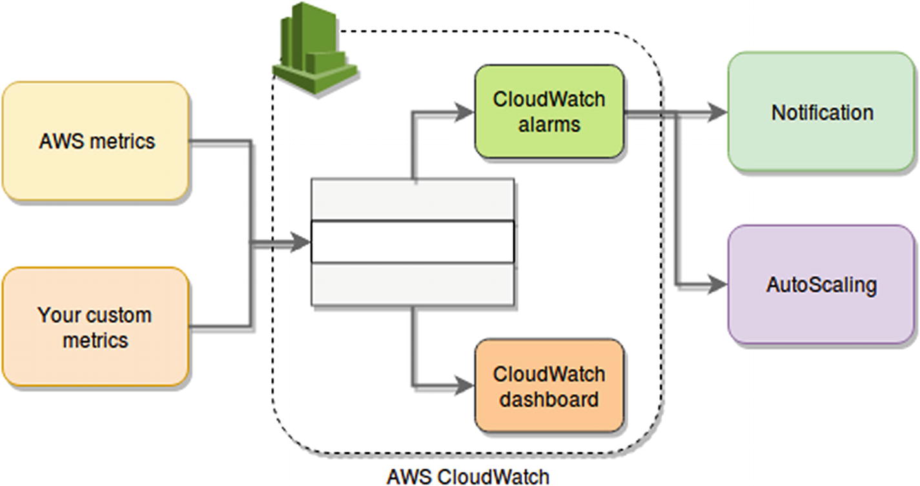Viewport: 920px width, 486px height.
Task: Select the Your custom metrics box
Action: (96, 327)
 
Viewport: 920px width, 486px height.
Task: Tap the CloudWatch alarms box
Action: (549, 111)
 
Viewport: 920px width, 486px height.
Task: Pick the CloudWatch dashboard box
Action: (549, 386)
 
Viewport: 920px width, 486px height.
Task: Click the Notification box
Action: (822, 112)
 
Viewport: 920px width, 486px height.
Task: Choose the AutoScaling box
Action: (822, 284)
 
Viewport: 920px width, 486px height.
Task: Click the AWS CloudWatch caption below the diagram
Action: (467, 477)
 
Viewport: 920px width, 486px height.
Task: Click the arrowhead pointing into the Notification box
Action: (717, 113)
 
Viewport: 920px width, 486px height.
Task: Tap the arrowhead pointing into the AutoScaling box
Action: (717, 284)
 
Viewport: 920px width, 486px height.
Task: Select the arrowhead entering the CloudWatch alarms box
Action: (465, 112)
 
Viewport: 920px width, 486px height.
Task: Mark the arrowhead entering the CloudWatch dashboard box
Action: (465, 386)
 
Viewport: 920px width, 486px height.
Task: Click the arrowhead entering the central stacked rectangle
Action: (300, 243)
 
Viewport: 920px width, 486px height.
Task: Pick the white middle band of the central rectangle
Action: (413, 242)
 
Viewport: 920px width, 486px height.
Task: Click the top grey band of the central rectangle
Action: (413, 199)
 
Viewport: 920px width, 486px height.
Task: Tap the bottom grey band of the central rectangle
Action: (413, 284)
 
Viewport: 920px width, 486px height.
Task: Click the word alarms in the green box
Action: (549, 124)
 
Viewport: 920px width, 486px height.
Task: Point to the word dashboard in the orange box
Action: (549, 399)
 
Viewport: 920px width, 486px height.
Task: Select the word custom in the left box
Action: (119, 315)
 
